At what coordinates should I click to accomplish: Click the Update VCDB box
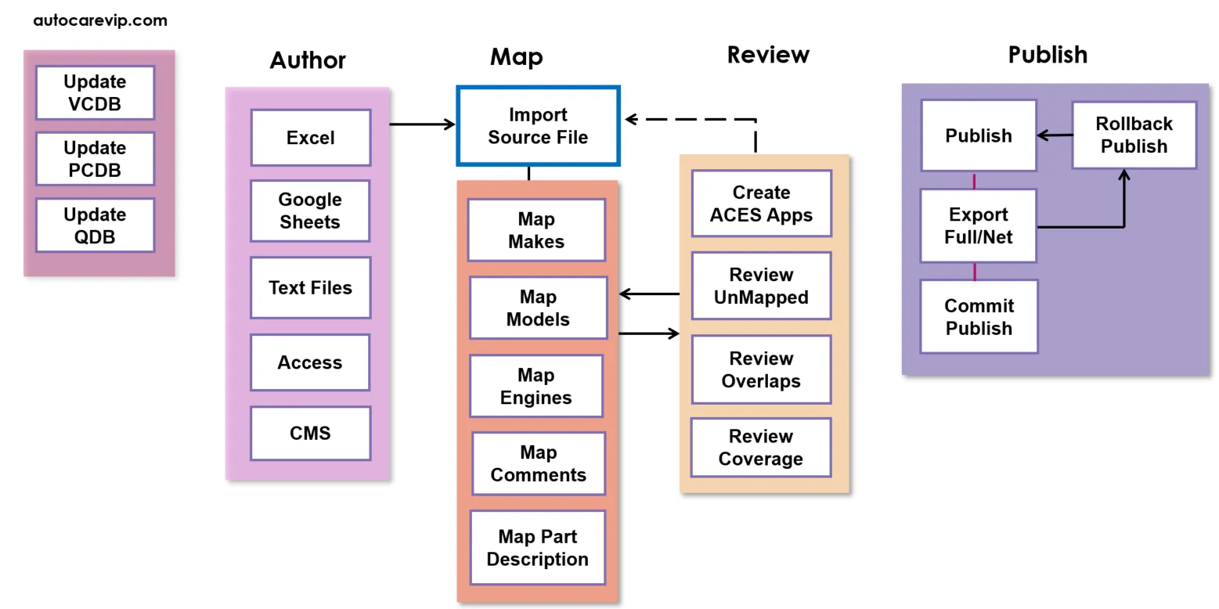tap(95, 92)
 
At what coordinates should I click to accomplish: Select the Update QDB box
tap(95, 225)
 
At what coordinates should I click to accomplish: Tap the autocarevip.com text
tap(100, 20)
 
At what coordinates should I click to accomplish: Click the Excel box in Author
tap(310, 138)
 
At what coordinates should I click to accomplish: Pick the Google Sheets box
tap(310, 211)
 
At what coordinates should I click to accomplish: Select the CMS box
tap(310, 433)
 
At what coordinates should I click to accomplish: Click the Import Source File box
tap(538, 126)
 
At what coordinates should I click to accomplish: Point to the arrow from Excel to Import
tap(423, 124)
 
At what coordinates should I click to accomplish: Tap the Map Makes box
tap(536, 230)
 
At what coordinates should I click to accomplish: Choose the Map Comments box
tap(538, 463)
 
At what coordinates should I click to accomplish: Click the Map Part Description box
tap(537, 548)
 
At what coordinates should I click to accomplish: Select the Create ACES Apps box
tap(761, 204)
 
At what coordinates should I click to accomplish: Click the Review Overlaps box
tap(761, 369)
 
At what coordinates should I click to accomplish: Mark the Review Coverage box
tap(760, 448)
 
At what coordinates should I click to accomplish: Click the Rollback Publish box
tap(1134, 135)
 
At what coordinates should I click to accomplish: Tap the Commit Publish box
tap(979, 317)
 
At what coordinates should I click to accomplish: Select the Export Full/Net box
tap(979, 225)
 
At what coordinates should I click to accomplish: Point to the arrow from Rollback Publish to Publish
tap(1055, 135)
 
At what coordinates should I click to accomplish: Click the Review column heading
tap(767, 55)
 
